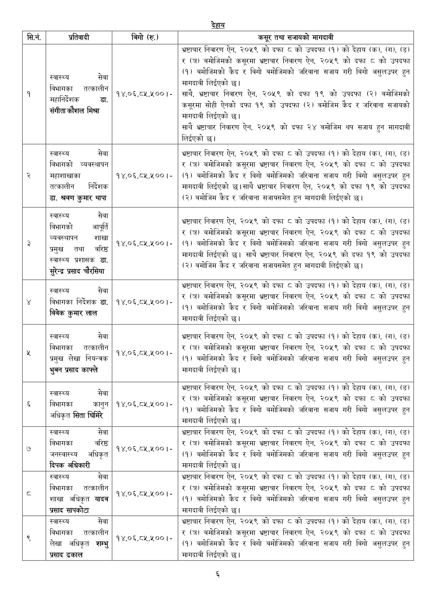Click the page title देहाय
218,25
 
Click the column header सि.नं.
34,37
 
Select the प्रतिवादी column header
79,37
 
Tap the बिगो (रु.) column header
144,37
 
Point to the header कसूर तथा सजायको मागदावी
295,37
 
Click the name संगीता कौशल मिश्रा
75,111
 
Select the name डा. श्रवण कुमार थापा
78,198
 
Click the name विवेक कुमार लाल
73,313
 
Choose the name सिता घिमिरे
88,415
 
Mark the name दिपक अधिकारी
70,465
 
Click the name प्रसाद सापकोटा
69,510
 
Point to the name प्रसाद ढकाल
66,555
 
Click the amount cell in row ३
144,243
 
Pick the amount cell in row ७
144,449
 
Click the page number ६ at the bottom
218,574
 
